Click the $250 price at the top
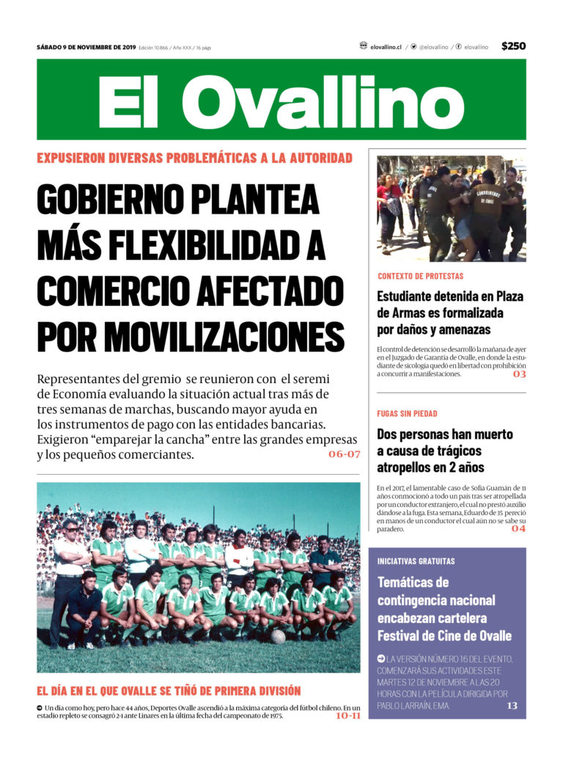[513, 46]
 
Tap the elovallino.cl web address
[386, 47]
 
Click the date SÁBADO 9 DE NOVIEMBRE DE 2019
[86, 47]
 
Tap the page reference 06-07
[344, 454]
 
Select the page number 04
[518, 528]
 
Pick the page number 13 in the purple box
[512, 706]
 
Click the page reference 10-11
[347, 715]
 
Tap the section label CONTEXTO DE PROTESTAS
[420, 277]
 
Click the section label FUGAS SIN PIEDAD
[407, 414]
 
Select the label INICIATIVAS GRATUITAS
[416, 561]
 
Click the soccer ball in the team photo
[278, 636]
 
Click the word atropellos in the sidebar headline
[409, 467]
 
